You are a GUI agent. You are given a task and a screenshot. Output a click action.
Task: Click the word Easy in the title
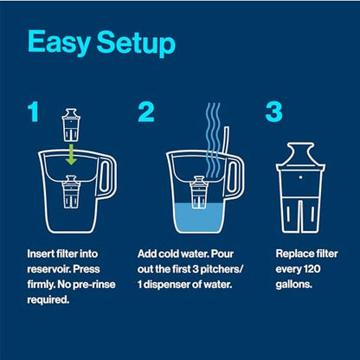tap(59, 42)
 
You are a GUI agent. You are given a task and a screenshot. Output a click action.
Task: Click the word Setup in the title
tap(136, 43)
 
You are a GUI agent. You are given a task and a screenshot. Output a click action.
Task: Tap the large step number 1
tap(33, 112)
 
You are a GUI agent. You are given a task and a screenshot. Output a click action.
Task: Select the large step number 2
tap(146, 112)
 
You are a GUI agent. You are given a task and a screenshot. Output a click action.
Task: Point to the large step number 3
tap(274, 112)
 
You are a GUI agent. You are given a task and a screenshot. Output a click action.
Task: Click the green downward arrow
tap(71, 154)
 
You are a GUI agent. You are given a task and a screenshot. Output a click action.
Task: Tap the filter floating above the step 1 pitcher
tap(71, 125)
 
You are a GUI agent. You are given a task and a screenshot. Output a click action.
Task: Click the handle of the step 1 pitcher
tap(106, 176)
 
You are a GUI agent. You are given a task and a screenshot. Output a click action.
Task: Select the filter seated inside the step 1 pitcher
tap(71, 191)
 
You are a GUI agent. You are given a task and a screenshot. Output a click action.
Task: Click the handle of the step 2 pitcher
tap(235, 176)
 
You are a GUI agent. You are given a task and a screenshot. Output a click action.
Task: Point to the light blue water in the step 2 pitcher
tap(198, 218)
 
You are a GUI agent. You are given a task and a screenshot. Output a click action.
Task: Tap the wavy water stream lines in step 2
tap(213, 140)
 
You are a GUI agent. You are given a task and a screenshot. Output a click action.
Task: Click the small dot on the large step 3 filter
tap(300, 177)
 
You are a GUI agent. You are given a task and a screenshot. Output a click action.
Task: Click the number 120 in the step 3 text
tap(312, 269)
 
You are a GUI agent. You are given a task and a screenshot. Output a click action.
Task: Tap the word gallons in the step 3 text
tap(294, 285)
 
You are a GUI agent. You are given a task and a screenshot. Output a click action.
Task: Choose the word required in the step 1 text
tap(48, 300)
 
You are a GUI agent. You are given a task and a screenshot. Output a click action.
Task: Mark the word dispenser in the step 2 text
tap(167, 285)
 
